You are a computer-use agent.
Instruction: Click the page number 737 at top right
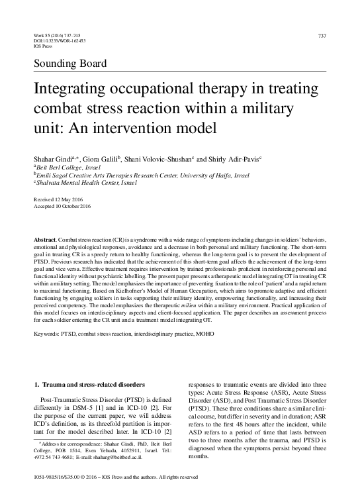click(322, 35)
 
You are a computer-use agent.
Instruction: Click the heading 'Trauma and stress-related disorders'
click(95, 383)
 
